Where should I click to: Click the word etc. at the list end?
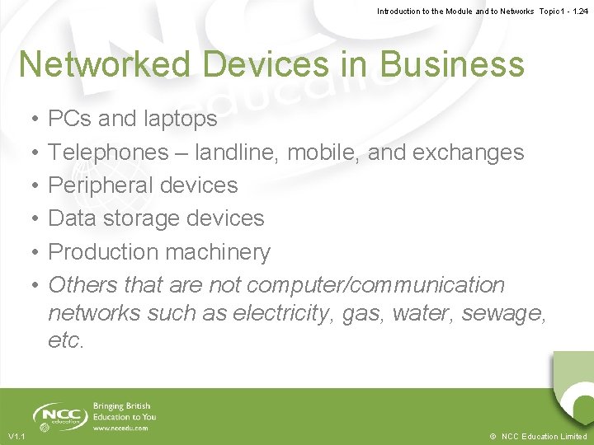pos(66,340)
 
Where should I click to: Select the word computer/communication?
pos(375,284)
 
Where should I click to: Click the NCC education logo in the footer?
pos(58,415)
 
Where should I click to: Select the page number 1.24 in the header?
pos(580,11)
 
